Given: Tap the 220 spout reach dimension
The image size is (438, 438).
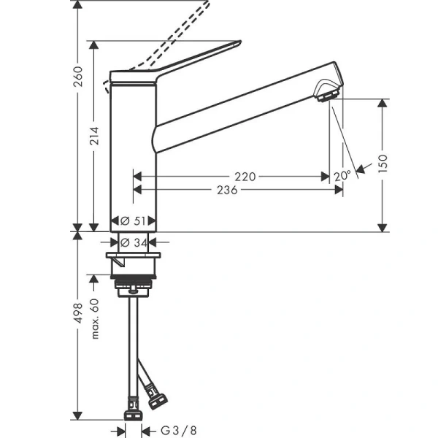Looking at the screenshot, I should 245,176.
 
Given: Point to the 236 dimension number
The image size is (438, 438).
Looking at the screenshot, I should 230,189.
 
